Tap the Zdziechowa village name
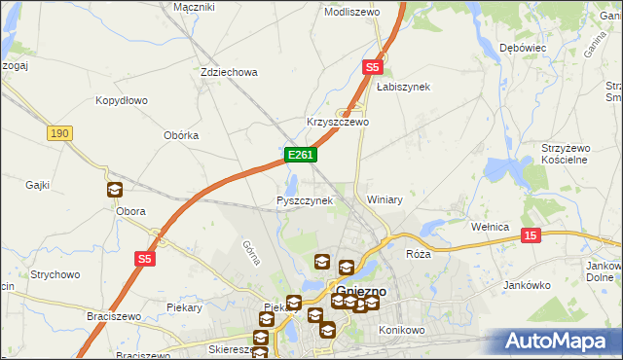pyautogui.click(x=228, y=72)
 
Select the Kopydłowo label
pyautogui.click(x=121, y=100)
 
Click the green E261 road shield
pyautogui.click(x=299, y=155)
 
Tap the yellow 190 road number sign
pyautogui.click(x=59, y=133)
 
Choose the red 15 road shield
pyautogui.click(x=531, y=235)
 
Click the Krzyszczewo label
pyautogui.click(x=338, y=123)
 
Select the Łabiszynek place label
pyautogui.click(x=403, y=87)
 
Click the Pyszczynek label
pyautogui.click(x=305, y=200)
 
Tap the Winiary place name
pyautogui.click(x=385, y=199)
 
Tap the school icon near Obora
pyautogui.click(x=115, y=191)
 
